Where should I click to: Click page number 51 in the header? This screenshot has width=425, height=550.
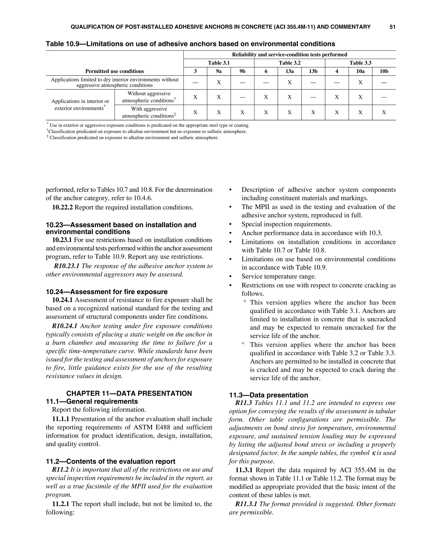(392, 27)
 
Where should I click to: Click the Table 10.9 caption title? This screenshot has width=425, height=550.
(190, 44)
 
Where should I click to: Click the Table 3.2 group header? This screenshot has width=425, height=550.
(289, 63)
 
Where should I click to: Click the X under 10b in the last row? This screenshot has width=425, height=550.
(384, 112)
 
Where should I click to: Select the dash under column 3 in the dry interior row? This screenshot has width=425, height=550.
(195, 83)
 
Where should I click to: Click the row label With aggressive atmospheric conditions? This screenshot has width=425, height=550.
(149, 112)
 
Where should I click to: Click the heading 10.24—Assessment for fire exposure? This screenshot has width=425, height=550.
(106, 292)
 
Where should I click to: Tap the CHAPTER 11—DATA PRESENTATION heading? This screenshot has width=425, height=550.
(129, 393)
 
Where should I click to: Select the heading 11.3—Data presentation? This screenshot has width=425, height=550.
(268, 395)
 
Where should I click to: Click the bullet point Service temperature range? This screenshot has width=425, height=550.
(278, 276)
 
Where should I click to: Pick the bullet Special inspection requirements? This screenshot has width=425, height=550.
(287, 224)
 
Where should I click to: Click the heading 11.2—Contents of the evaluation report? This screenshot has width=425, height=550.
(111, 461)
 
